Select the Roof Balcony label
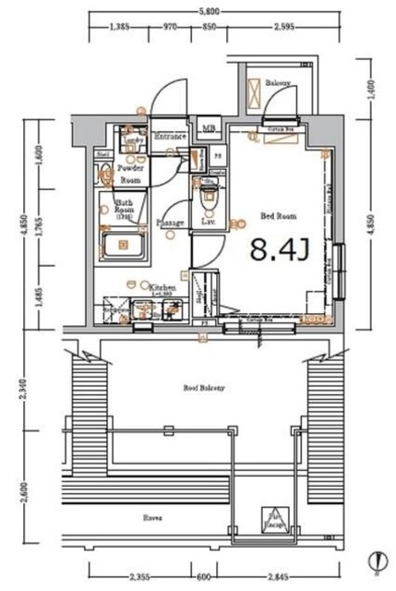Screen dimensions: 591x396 click(204, 389)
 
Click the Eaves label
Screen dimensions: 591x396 click(153, 517)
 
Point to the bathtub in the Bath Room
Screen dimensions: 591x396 click(124, 247)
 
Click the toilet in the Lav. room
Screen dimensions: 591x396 click(209, 197)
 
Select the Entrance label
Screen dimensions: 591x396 click(171, 138)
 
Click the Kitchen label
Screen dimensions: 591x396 click(162, 288)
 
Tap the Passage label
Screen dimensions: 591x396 click(170, 223)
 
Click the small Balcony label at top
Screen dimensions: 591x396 click(279, 82)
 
